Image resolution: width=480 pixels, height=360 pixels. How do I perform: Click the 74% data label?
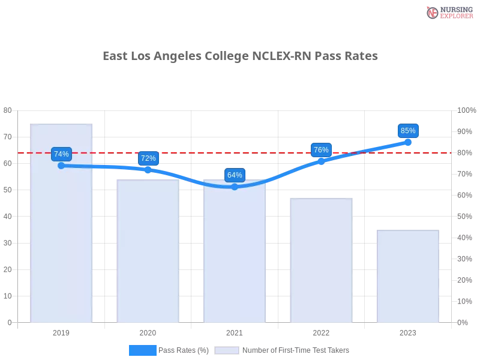pyautogui.click(x=61, y=154)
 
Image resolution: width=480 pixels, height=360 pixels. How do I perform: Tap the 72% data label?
pyautogui.click(x=148, y=158)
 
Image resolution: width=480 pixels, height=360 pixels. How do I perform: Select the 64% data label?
pyautogui.click(x=235, y=175)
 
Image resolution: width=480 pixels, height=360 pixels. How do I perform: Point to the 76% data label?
pyautogui.click(x=321, y=150)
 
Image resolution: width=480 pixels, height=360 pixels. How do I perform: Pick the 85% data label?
pyautogui.click(x=408, y=131)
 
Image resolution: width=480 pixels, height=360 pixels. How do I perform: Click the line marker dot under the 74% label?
pyautogui.click(x=61, y=166)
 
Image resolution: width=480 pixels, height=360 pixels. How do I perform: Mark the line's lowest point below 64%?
pyautogui.click(x=235, y=187)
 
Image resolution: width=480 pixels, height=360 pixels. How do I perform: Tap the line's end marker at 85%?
pyautogui.click(x=408, y=142)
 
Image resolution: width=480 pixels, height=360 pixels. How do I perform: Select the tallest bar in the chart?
pyautogui.click(x=62, y=240)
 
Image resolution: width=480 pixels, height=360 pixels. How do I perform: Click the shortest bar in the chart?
pyautogui.click(x=408, y=276)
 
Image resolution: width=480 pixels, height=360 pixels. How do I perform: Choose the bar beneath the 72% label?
pyautogui.click(x=149, y=252)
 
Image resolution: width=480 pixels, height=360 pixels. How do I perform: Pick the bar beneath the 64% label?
pyautogui.click(x=235, y=258)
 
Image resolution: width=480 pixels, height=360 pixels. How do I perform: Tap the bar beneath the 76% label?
pyautogui.click(x=322, y=261)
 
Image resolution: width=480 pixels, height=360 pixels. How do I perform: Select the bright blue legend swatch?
pyautogui.click(x=142, y=350)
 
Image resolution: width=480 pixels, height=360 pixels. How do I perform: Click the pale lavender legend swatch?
pyautogui.click(x=227, y=350)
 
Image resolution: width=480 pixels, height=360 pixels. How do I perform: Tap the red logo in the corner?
pyautogui.click(x=433, y=13)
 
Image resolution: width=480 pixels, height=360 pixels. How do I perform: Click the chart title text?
pyautogui.click(x=240, y=56)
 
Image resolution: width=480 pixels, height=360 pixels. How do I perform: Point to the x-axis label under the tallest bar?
pyautogui.click(x=62, y=331)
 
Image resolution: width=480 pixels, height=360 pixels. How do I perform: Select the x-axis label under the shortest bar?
pyautogui.click(x=408, y=331)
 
